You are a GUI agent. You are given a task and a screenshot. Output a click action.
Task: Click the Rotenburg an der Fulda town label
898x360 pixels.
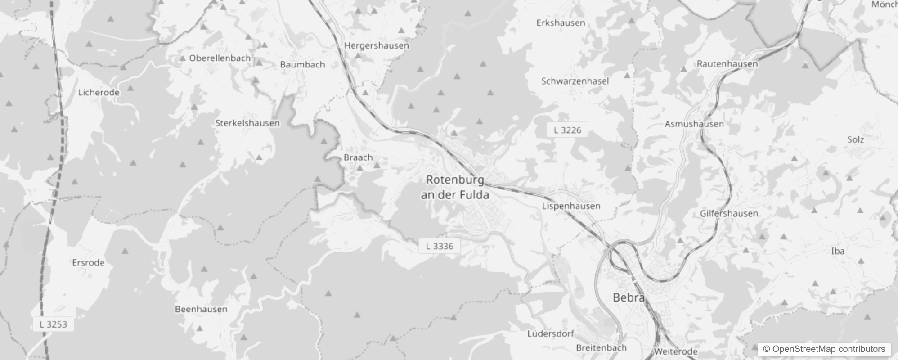(455, 187)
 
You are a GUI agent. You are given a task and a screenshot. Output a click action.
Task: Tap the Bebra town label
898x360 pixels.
(629, 297)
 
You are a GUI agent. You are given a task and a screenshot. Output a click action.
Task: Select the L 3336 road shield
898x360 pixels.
(440, 246)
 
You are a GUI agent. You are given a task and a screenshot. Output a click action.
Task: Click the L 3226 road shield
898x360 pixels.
(567, 130)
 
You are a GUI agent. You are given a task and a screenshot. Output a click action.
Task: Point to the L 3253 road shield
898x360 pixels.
(53, 324)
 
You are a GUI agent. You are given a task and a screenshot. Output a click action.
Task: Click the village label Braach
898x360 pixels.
(358, 157)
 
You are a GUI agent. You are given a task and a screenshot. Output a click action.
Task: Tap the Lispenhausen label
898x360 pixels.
(571, 206)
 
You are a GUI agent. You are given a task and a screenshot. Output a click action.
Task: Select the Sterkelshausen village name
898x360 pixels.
(247, 123)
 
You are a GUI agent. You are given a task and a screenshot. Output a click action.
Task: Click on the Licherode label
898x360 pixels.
(99, 92)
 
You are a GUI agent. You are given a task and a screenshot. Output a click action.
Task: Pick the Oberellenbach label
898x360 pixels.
(220, 58)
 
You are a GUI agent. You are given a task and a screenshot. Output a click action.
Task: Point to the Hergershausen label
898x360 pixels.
(376, 45)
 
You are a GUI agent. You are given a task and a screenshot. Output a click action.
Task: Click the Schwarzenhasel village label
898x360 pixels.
(575, 81)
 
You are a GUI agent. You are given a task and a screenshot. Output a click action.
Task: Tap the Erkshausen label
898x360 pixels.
(561, 23)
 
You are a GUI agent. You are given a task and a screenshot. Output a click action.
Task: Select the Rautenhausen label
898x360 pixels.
(727, 64)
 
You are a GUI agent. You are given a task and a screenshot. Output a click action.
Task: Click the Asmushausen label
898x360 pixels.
(694, 124)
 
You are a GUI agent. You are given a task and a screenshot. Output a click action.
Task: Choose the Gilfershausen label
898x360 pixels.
(729, 213)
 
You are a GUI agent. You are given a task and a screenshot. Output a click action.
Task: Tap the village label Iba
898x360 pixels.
(837, 251)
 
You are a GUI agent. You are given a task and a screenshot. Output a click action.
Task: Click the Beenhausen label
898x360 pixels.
(201, 309)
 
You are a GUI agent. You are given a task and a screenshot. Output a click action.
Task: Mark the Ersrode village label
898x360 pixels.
(88, 262)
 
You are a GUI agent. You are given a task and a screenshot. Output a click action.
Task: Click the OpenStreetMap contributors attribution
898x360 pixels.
(824, 349)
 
